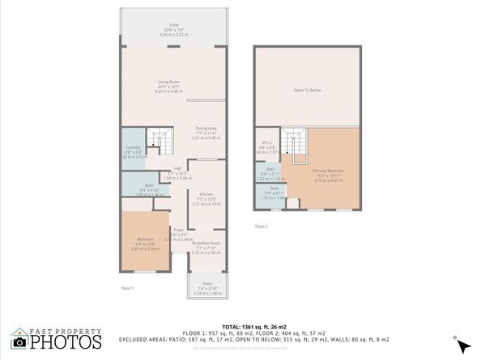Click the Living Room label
tap(168, 82)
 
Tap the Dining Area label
tap(206, 129)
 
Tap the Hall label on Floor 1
tap(177, 169)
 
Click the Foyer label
tap(180, 231)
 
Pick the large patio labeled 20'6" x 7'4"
tap(173, 28)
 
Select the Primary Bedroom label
tap(329, 172)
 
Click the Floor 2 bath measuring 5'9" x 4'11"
tap(275, 191)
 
